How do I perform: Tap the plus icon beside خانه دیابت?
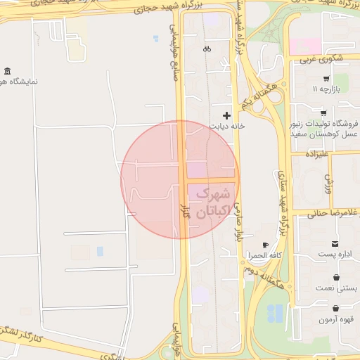(226, 115)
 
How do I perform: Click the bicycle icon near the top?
(207, 49)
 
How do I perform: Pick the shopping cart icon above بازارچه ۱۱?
(326, 78)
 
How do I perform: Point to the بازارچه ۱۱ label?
(326, 90)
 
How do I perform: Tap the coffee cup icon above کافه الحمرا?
(265, 245)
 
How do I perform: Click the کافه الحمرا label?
(266, 255)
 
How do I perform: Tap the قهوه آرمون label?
(337, 320)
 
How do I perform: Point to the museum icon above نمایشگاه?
(8, 71)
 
